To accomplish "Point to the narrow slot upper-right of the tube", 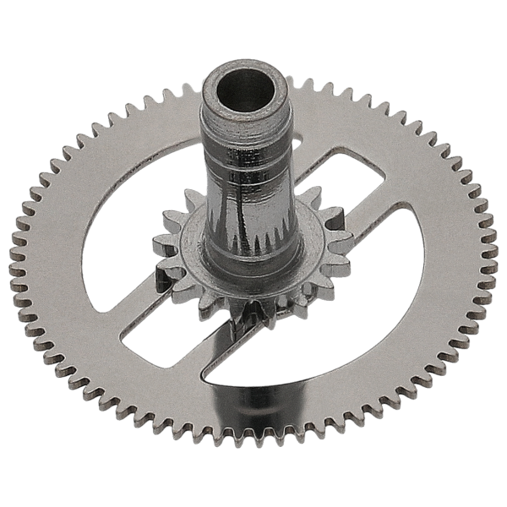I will pyautogui.click(x=338, y=182).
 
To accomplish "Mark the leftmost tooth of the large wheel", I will pyautogui.click(x=15, y=253).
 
